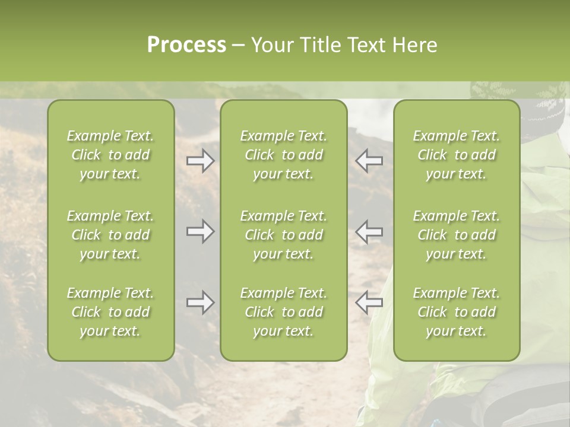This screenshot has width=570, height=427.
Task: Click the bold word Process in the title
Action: tap(186, 45)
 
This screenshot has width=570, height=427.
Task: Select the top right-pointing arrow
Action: tap(200, 161)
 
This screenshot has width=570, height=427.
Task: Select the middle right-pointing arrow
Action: tap(200, 231)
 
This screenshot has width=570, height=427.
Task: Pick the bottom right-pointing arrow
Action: tap(200, 302)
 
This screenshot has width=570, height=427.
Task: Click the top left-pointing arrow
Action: tap(369, 161)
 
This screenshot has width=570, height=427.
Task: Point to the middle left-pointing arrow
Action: tap(369, 231)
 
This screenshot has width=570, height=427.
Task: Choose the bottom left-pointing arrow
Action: tap(369, 302)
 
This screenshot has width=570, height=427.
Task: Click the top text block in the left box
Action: tap(110, 155)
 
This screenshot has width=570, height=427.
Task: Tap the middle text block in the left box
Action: tap(110, 235)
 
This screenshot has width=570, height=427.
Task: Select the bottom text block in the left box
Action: tap(110, 312)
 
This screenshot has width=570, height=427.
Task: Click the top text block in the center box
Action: tap(283, 155)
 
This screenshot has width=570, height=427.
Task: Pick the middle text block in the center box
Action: tap(283, 235)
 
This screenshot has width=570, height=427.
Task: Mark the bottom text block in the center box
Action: tap(283, 312)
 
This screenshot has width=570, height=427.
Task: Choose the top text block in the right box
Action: tap(456, 155)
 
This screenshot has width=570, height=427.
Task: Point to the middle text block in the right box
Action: tap(456, 235)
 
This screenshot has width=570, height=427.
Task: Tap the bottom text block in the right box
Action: tap(456, 312)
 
